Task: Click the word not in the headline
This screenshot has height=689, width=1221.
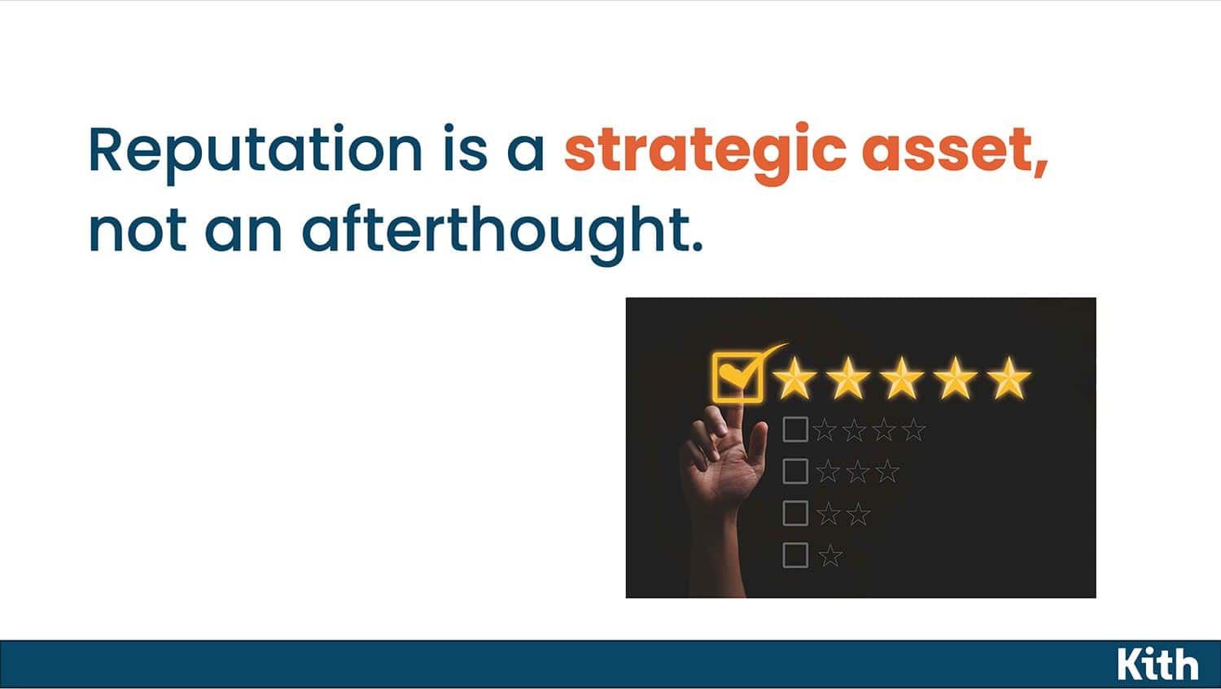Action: (138, 231)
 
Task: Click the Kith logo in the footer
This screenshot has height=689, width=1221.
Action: (1158, 664)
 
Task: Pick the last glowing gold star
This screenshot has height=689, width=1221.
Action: (1009, 377)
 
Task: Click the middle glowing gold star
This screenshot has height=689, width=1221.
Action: (902, 377)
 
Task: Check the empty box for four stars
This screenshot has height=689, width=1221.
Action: (795, 430)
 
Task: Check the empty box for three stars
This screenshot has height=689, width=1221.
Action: (795, 471)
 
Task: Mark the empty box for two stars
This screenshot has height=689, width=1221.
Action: (795, 513)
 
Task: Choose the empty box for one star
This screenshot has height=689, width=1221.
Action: (795, 555)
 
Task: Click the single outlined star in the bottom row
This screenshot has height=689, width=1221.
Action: (830, 555)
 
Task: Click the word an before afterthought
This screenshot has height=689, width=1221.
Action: (243, 234)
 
